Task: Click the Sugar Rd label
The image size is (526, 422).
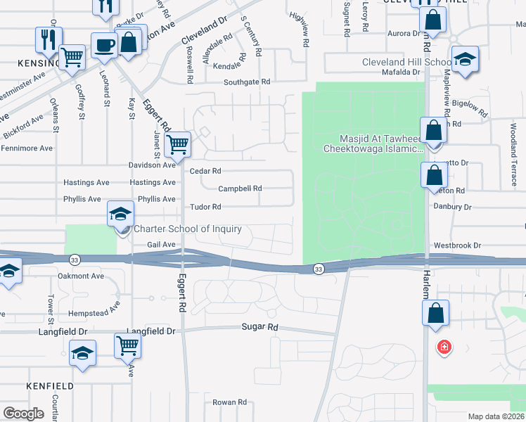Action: click(x=260, y=327)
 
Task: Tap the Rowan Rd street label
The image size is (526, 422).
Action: click(x=230, y=402)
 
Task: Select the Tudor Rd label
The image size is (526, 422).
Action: click(x=206, y=207)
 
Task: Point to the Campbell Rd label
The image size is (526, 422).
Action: click(x=240, y=188)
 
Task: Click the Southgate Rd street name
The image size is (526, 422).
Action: click(x=247, y=82)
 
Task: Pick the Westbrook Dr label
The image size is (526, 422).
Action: click(x=456, y=245)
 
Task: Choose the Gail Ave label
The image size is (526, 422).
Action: click(x=161, y=245)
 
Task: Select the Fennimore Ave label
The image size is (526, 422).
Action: click(x=27, y=148)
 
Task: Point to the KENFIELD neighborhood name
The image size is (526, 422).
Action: click(x=50, y=386)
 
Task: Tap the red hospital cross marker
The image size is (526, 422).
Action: click(x=444, y=347)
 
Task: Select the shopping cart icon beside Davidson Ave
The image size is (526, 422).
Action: click(x=178, y=145)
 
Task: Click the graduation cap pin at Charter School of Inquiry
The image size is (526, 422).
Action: click(x=121, y=213)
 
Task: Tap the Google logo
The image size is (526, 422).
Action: click(x=23, y=414)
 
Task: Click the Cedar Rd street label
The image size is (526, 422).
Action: click(x=205, y=171)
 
